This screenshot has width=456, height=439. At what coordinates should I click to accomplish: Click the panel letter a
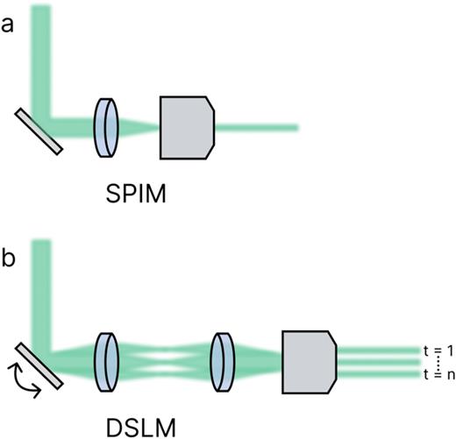[9, 25]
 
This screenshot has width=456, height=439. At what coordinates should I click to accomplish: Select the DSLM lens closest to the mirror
[105, 360]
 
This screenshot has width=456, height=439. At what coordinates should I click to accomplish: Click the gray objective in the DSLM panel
[309, 360]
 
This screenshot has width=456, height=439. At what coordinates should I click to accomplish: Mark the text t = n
[435, 374]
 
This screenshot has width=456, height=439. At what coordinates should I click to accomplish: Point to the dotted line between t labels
[436, 361]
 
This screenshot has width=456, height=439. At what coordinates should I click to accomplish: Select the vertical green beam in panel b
[40, 289]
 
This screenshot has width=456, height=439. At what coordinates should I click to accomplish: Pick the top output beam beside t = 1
[377, 350]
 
